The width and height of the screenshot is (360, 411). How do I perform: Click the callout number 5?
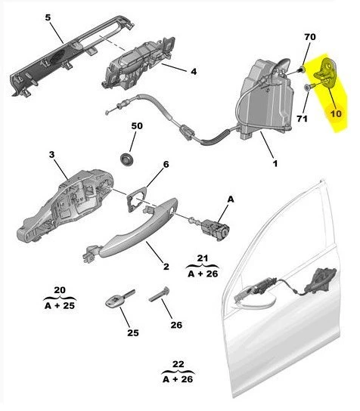(48, 17)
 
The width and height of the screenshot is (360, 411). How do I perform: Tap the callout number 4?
(194, 71)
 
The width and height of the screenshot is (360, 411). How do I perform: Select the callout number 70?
(310, 37)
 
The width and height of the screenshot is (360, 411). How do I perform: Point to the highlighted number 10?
(336, 113)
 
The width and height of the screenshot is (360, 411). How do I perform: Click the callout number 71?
(302, 119)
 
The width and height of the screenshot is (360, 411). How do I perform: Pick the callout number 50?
(137, 126)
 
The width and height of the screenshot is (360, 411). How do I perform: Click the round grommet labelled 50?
(127, 159)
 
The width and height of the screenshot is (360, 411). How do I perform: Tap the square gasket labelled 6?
(136, 199)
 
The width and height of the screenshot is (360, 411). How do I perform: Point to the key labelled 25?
(119, 299)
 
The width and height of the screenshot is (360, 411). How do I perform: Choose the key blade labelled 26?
(159, 295)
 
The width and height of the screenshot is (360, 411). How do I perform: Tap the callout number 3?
(51, 155)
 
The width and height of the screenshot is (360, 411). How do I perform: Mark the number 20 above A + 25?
(60, 290)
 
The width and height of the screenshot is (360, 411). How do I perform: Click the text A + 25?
(60, 306)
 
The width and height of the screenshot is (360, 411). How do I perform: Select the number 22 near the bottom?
(178, 364)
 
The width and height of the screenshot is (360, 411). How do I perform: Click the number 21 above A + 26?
(202, 258)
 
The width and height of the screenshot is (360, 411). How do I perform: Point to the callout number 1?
(275, 163)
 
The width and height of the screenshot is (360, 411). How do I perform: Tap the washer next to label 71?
(306, 88)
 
